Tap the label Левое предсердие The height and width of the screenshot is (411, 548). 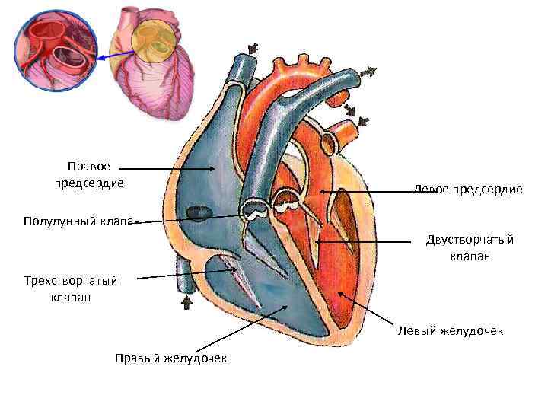pos(468,189)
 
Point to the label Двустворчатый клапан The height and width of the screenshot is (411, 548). pos(470,248)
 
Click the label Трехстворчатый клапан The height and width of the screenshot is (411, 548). pos(71,289)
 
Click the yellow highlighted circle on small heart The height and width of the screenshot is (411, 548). pos(157,42)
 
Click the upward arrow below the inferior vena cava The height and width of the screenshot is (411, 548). pos(185,303)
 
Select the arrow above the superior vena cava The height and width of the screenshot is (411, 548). pos(252,49)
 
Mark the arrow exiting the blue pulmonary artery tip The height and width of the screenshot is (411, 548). pos(368,73)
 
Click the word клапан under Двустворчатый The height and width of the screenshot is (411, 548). pos(470,256)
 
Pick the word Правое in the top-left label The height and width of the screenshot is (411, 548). pos(89,166)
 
